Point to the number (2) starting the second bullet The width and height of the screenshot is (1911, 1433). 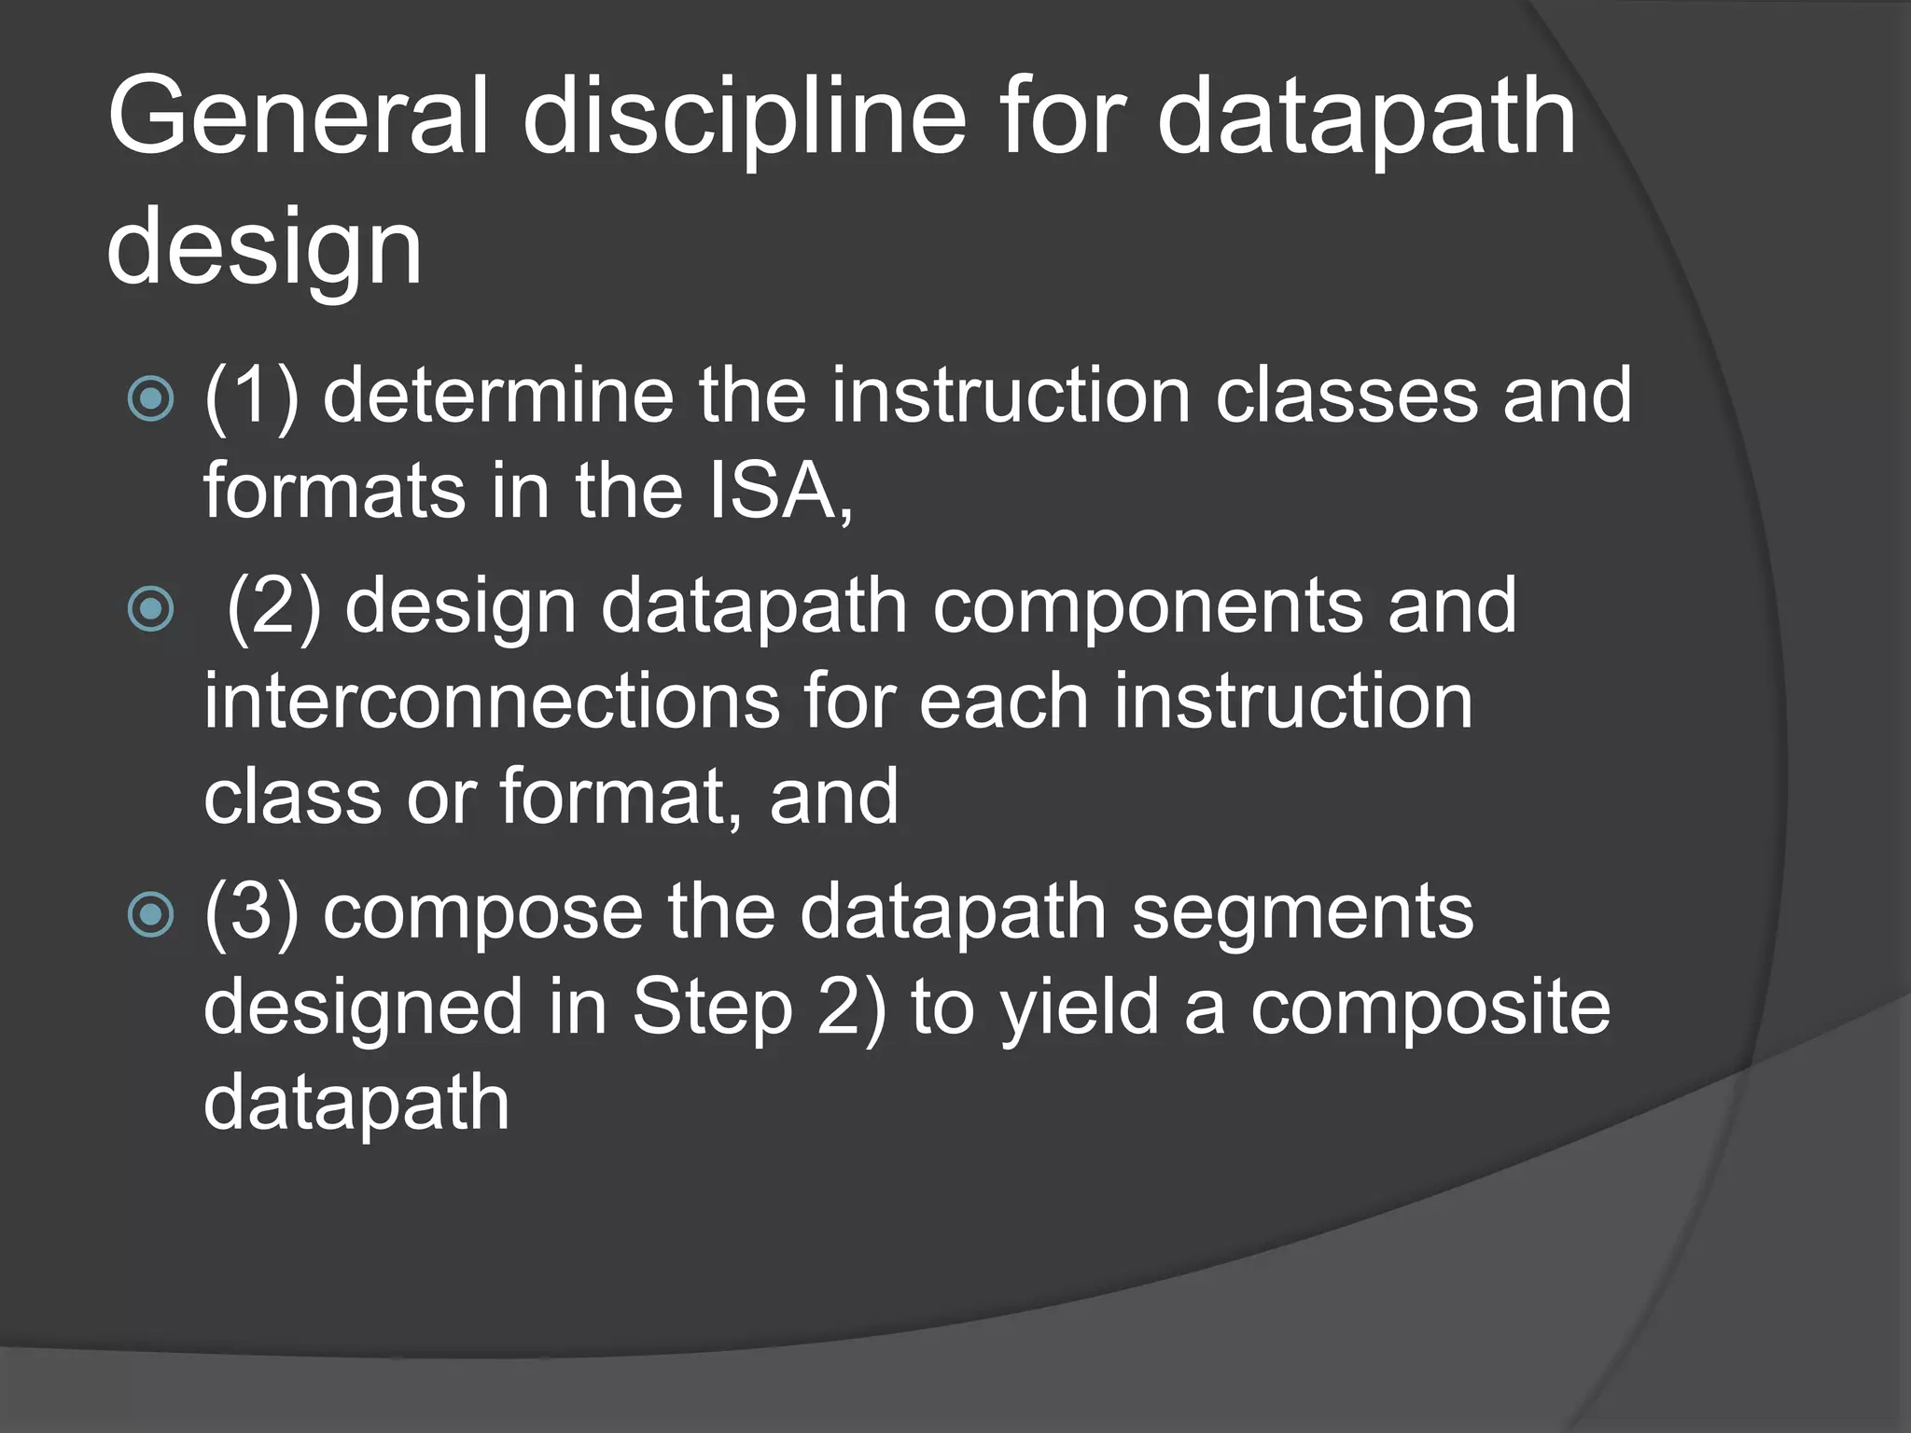(x=274, y=607)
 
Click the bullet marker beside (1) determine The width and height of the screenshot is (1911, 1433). (x=150, y=398)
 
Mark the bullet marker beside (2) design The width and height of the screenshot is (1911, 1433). (x=150, y=609)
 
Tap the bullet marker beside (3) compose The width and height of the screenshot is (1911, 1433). (x=150, y=913)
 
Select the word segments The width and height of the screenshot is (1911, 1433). (x=1303, y=914)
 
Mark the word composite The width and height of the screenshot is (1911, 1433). (x=1430, y=1010)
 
